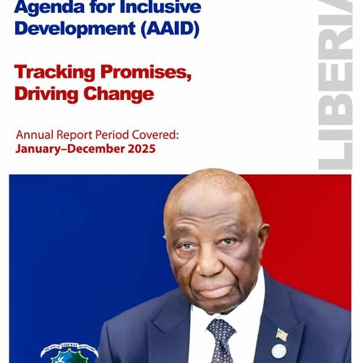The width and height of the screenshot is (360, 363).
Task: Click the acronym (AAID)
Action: point(170,29)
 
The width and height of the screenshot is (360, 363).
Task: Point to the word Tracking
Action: point(54,73)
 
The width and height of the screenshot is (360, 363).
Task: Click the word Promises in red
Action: point(146,73)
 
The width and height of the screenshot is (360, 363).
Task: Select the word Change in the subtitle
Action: point(119,94)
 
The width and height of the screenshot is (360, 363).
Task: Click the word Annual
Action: point(34,135)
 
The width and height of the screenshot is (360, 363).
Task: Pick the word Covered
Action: point(155,135)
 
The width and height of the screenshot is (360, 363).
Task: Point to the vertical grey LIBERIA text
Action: point(335,85)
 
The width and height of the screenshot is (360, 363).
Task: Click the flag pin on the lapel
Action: point(282,335)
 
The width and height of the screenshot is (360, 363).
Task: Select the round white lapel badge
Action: point(279,351)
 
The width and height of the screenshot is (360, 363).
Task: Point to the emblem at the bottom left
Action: point(70,353)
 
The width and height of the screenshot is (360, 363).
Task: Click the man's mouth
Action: point(214,290)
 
